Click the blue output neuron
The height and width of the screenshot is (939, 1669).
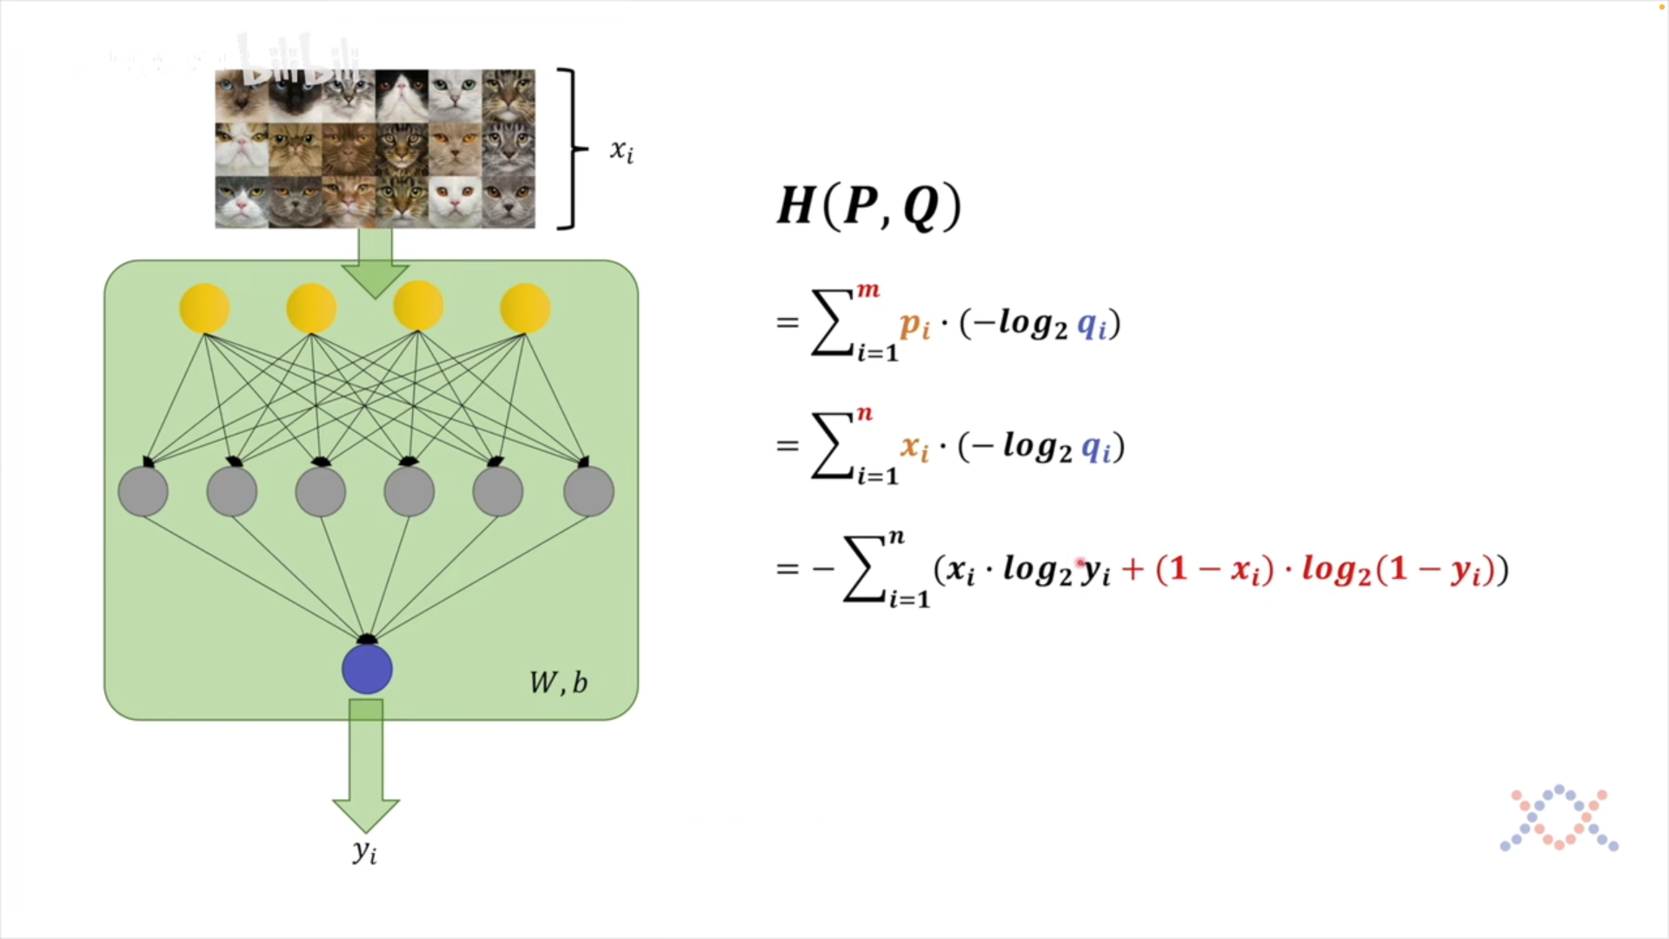(x=367, y=669)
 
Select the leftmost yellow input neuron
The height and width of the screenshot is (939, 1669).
(x=204, y=308)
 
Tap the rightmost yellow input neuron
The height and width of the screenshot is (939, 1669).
(x=525, y=308)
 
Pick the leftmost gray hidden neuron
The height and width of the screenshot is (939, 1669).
(x=143, y=491)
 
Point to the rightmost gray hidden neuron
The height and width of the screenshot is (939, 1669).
(x=588, y=491)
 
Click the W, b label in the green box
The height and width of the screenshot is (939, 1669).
(x=558, y=683)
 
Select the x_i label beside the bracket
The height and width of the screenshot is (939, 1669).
(x=622, y=151)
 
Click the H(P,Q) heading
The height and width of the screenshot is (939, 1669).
(x=869, y=207)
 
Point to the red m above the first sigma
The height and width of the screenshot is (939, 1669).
(x=868, y=290)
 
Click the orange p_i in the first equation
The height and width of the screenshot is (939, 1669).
(x=915, y=325)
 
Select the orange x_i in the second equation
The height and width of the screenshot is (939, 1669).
(x=915, y=448)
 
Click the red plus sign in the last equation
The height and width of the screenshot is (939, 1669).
(x=1133, y=569)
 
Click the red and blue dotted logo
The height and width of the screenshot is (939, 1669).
(x=1559, y=818)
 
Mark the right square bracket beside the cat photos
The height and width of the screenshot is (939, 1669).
(x=570, y=149)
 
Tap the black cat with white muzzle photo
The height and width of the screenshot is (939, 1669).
(x=402, y=96)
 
